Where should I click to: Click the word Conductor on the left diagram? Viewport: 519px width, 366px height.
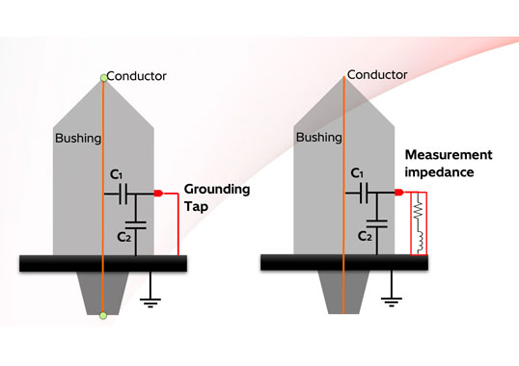(136, 76)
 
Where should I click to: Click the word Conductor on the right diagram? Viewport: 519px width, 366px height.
(377, 75)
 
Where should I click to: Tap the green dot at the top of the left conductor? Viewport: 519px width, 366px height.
(103, 78)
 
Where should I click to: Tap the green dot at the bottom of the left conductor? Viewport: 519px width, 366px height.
(103, 316)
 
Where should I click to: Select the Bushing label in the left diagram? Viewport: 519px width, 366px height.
(78, 139)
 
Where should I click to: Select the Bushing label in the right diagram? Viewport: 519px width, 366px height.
(319, 138)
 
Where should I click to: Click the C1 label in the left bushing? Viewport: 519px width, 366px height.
(116, 174)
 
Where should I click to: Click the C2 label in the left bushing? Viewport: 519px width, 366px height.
(124, 237)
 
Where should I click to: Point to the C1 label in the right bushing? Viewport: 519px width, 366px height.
(357, 173)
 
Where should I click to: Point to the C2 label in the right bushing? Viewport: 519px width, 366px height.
(365, 236)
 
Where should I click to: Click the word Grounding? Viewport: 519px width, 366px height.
(217, 190)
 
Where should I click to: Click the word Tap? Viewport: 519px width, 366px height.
(196, 207)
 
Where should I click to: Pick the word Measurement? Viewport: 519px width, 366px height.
(449, 155)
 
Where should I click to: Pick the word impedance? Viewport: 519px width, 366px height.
(439, 172)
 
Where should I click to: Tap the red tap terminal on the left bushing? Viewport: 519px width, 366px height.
(158, 193)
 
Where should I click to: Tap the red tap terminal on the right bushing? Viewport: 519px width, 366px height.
(399, 192)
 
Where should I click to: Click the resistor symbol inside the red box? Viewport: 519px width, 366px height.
(419, 208)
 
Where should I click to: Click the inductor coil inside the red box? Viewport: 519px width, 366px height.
(420, 240)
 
